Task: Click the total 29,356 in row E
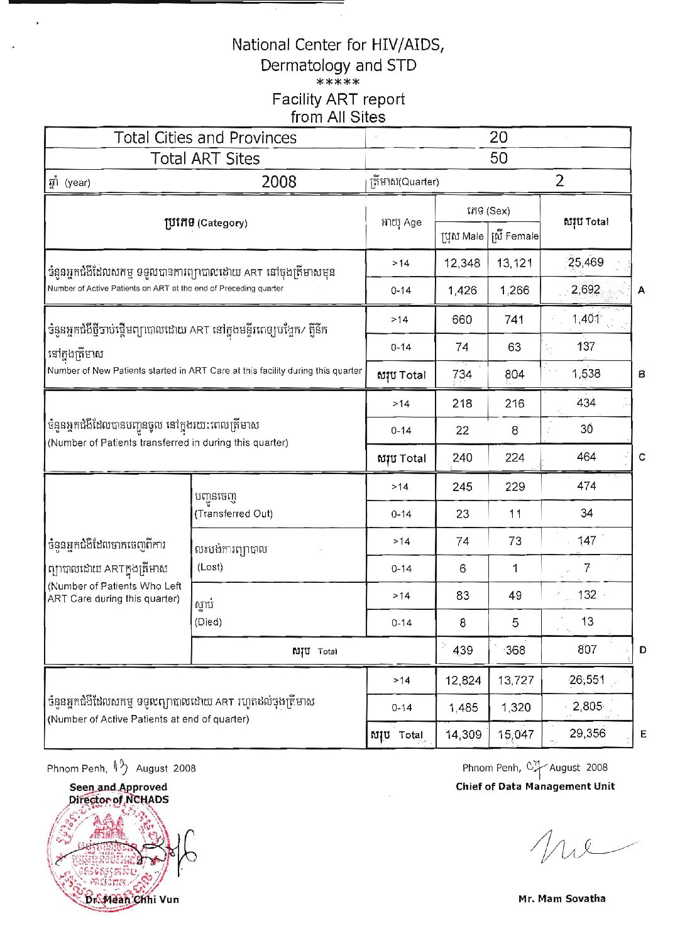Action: point(587,733)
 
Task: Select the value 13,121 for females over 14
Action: point(514,263)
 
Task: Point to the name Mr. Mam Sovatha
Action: point(562,899)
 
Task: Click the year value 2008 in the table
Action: point(278,182)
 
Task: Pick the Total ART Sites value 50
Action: point(498,158)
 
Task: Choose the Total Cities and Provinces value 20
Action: point(498,137)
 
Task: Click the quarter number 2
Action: point(559,180)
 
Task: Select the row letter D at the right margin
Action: point(642,650)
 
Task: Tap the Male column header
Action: point(462,236)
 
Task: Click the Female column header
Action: point(514,236)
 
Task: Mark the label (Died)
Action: point(209,622)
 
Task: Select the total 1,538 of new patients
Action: point(586,373)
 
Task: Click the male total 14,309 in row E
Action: point(463,734)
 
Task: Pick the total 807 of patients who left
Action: point(587,650)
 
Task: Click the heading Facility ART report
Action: point(338,99)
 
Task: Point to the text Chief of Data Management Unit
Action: point(535,786)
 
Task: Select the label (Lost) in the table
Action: point(210,567)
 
